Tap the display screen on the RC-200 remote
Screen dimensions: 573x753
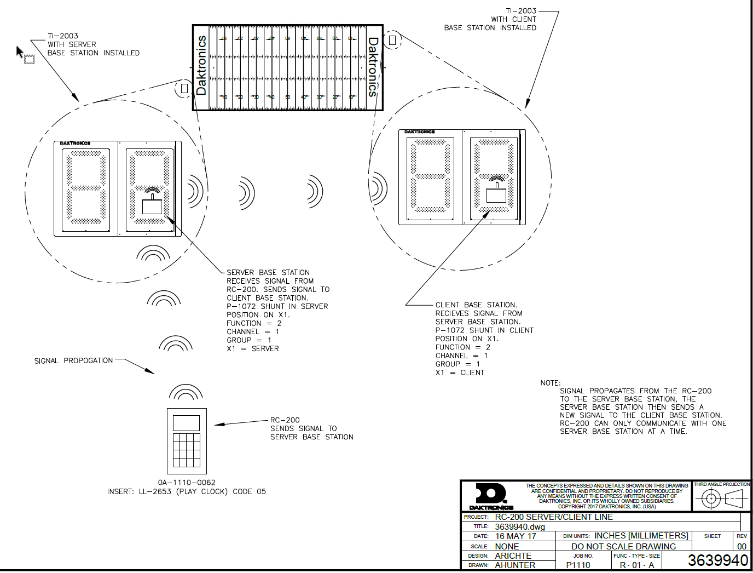click(187, 423)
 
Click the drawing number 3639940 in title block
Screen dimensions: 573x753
click(717, 560)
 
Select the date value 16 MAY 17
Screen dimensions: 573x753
click(515, 536)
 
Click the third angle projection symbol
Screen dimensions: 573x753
click(722, 498)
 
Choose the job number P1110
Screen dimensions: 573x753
click(578, 565)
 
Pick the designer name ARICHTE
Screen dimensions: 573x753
click(513, 555)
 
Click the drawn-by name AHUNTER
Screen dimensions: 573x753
click(515, 565)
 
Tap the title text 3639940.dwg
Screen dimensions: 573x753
click(520, 526)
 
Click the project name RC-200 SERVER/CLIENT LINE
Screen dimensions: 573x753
click(554, 517)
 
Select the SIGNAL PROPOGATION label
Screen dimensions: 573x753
click(73, 360)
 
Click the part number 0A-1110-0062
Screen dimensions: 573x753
click(187, 483)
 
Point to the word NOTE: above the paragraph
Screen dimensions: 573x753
click(551, 383)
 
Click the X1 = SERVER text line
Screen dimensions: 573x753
click(253, 348)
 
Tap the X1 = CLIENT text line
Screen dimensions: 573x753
click(460, 373)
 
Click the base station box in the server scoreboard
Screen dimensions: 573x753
click(152, 207)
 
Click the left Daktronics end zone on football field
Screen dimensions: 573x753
click(201, 67)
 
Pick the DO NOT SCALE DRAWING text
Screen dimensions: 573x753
click(623, 546)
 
